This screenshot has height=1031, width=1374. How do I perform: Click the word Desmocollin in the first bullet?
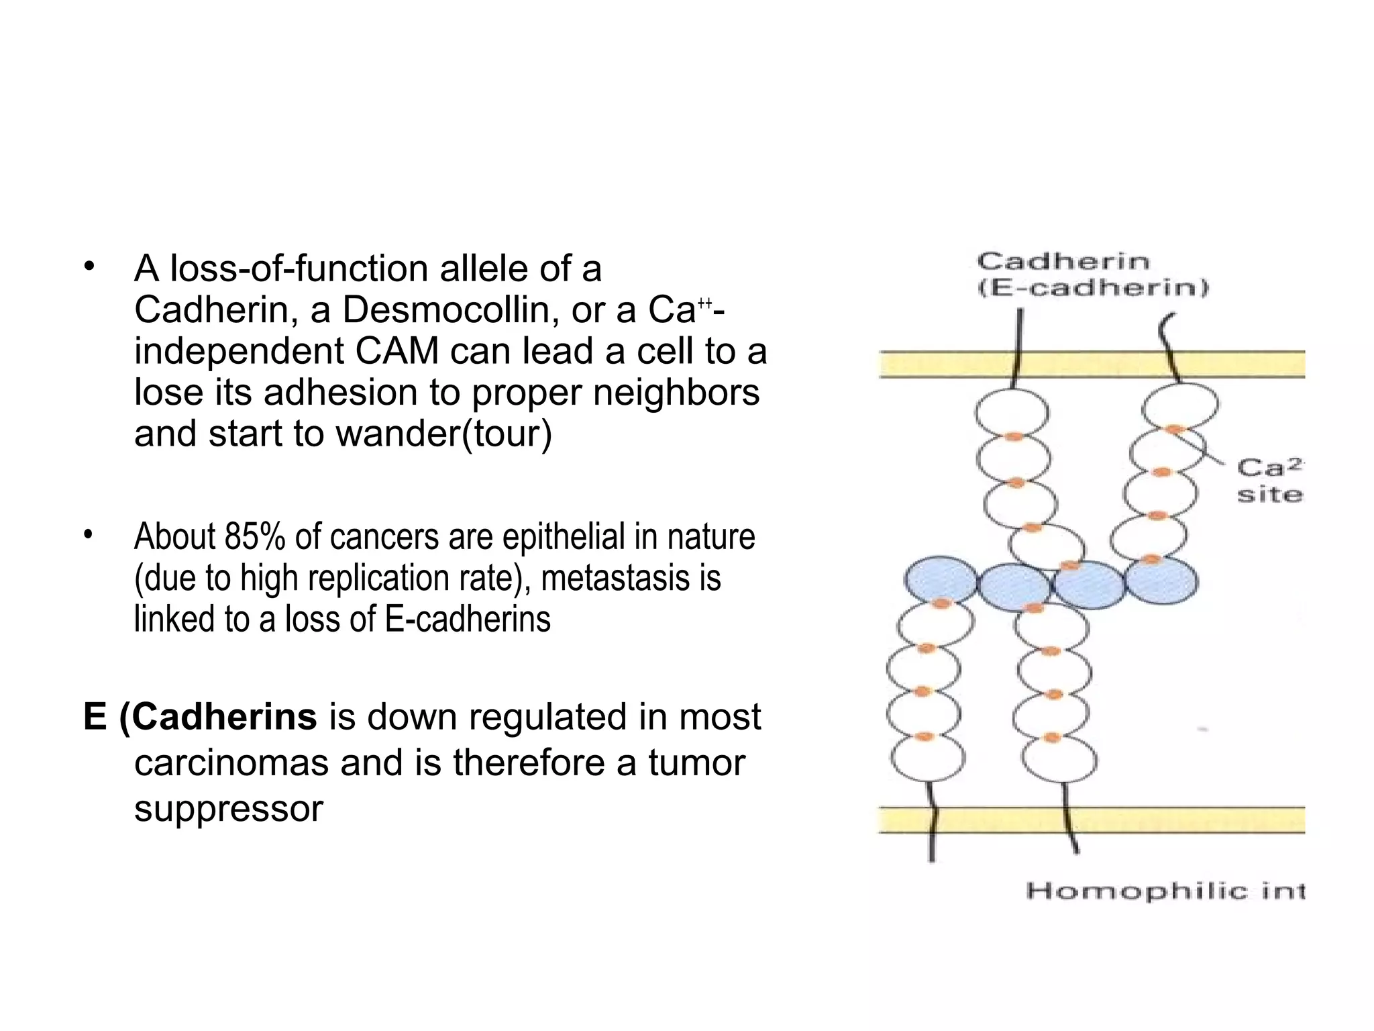point(450,311)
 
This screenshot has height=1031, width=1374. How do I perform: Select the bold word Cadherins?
point(223,717)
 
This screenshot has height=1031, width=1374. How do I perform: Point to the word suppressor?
point(229,809)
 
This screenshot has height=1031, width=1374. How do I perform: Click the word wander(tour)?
point(443,434)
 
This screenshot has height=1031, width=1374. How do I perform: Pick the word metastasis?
point(615,579)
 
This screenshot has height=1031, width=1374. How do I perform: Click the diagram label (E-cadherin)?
point(1092,289)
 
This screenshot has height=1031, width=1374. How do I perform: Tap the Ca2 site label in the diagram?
point(1269,481)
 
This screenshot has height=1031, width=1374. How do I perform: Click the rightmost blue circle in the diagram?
point(1161,581)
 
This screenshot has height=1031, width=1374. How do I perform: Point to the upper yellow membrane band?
point(1092,365)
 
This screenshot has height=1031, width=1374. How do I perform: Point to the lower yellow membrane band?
point(1092,820)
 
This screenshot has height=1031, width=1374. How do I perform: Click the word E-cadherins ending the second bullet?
point(468,620)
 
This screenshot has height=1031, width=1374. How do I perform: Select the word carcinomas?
point(231,763)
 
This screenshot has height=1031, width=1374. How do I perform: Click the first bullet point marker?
point(89,268)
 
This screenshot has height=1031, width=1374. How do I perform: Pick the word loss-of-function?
point(299,269)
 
